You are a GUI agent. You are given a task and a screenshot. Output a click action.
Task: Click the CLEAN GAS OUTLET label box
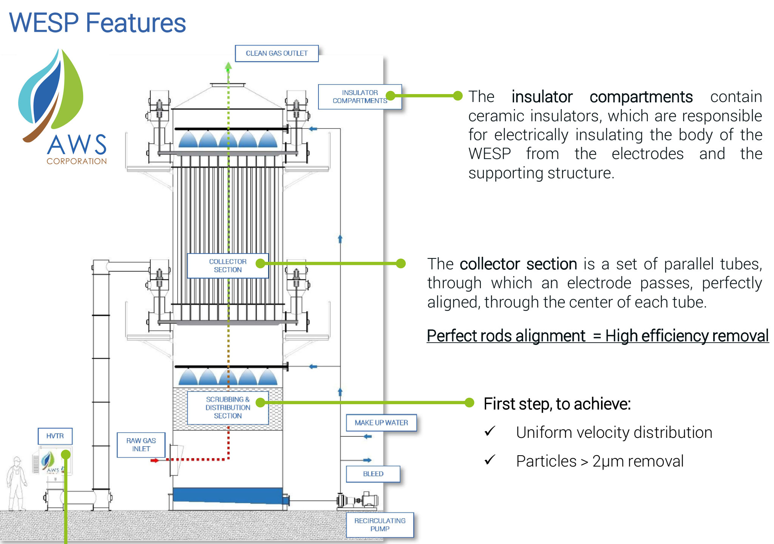point(277,53)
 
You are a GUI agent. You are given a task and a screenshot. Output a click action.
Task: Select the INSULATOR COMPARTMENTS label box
point(360,97)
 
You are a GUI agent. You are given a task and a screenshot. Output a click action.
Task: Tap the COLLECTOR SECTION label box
point(227,266)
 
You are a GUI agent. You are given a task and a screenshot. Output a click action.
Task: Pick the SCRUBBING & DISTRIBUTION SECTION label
point(227,408)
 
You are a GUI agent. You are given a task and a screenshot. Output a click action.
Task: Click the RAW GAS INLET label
point(141,445)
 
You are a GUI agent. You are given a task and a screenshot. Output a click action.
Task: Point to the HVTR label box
point(55,436)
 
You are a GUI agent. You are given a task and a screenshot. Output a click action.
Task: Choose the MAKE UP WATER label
point(381,423)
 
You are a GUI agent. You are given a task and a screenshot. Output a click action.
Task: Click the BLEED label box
point(373,474)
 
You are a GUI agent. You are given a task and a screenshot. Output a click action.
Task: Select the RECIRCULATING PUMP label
point(380,525)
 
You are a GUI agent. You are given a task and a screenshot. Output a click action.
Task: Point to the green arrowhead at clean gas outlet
point(228,67)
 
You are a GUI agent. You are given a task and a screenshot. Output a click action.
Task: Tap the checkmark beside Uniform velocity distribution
point(490,431)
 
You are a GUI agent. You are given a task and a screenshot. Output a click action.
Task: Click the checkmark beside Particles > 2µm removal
point(490,460)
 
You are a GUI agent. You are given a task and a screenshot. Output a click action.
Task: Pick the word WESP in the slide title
point(44,23)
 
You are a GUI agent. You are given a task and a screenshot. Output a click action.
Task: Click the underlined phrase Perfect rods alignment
point(506,336)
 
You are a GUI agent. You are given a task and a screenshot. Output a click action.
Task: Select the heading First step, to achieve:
point(557,404)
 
